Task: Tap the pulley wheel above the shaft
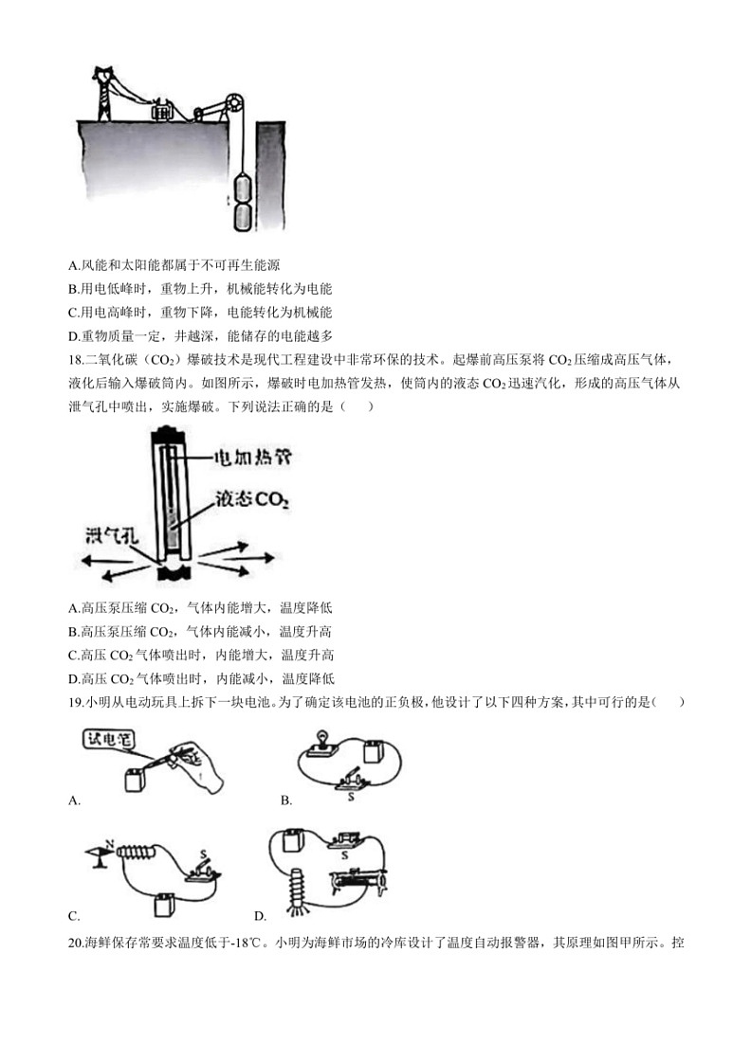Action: click(233, 102)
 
